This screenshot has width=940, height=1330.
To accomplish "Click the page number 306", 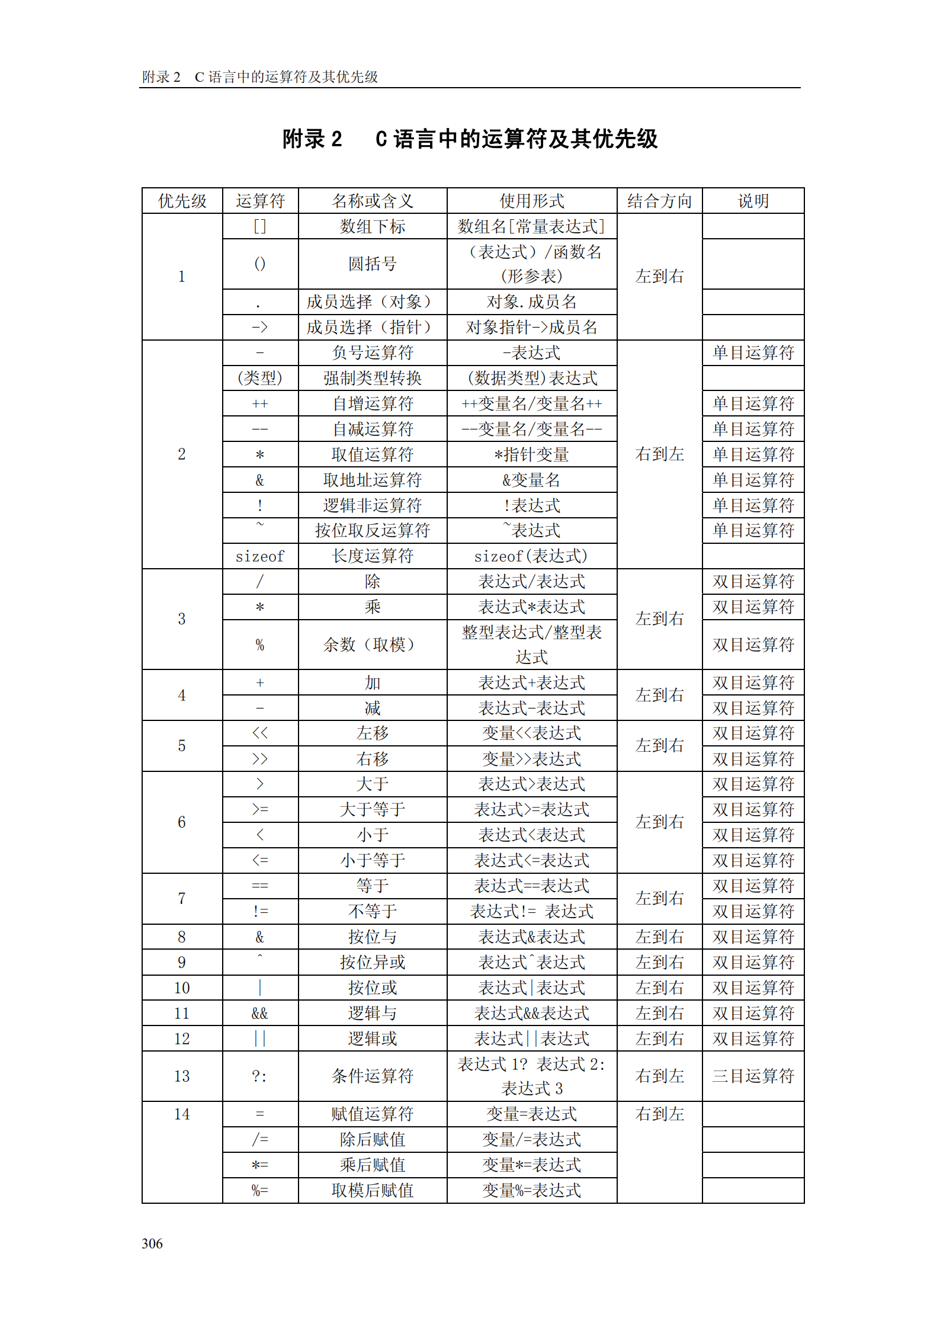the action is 152,1243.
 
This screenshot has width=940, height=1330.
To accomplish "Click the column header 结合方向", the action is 659,201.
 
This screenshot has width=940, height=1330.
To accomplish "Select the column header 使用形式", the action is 531,201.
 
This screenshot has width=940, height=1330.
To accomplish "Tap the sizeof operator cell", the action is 259,556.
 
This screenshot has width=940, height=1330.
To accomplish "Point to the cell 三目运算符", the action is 753,1076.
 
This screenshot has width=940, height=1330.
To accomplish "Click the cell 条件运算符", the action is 372,1076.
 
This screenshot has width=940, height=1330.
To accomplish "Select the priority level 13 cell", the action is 182,1076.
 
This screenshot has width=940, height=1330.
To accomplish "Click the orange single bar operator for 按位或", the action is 259,988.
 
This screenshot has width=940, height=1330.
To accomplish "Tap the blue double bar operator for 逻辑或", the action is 259,1039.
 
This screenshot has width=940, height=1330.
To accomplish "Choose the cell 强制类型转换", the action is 372,378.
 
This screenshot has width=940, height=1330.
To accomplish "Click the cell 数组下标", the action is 372,226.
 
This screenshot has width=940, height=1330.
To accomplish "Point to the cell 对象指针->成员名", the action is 531,327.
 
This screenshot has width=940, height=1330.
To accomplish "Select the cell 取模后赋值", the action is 372,1190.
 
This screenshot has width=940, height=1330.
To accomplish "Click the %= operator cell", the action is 259,1190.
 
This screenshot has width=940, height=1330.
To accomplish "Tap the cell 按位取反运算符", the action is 372,530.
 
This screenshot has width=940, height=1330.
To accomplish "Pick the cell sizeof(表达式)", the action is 531,556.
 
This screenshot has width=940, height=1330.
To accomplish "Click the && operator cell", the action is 259,1013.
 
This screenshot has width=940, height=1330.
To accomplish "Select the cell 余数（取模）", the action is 372,645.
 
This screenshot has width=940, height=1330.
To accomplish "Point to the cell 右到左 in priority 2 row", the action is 659,454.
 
